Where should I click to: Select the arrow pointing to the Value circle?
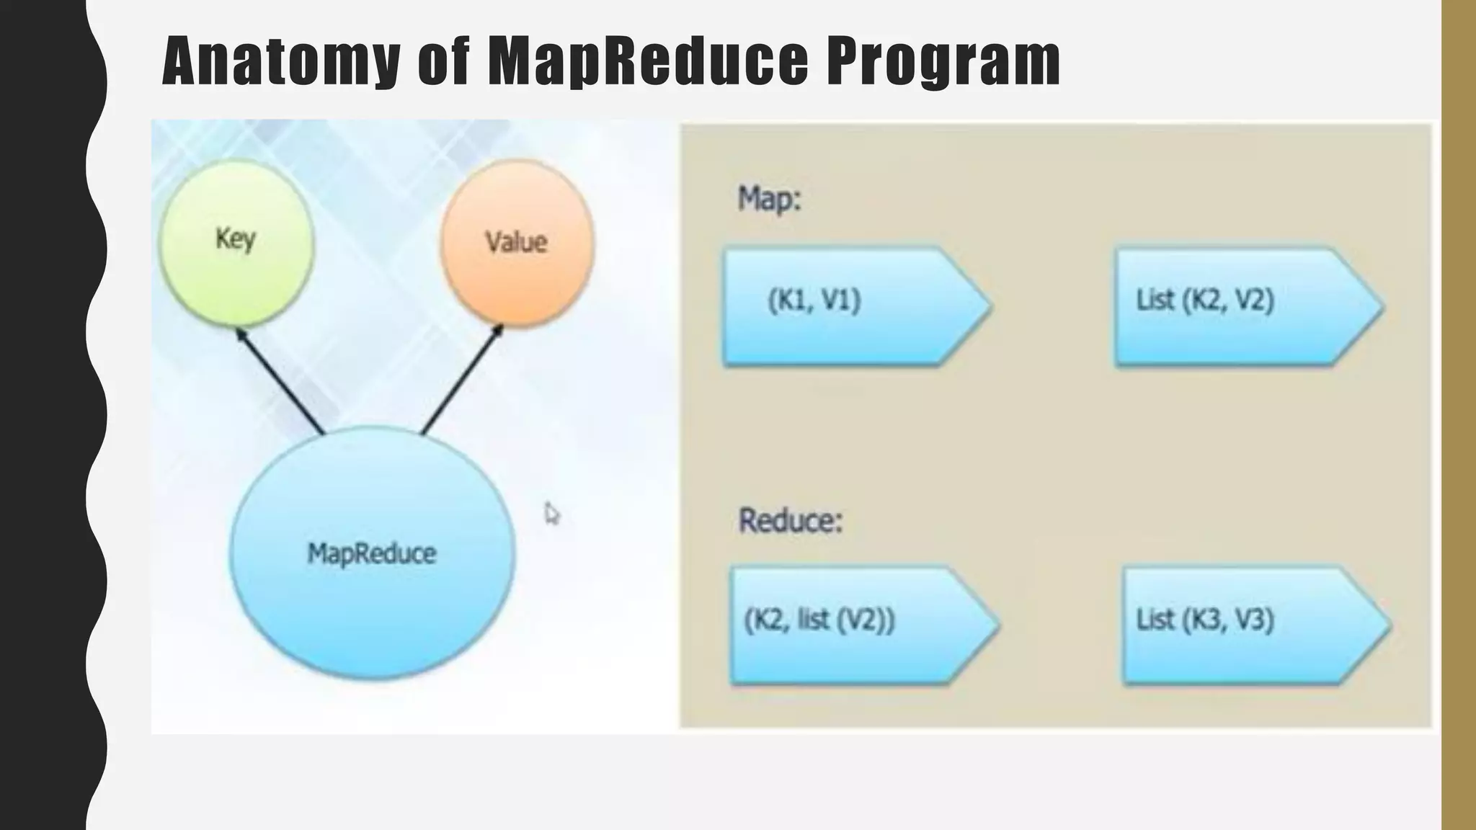[461, 380]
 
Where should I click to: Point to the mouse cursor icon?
[551, 514]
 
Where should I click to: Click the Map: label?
[769, 198]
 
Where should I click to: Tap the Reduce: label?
[791, 520]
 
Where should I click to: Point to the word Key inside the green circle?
[236, 238]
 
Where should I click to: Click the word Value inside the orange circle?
[516, 242]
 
